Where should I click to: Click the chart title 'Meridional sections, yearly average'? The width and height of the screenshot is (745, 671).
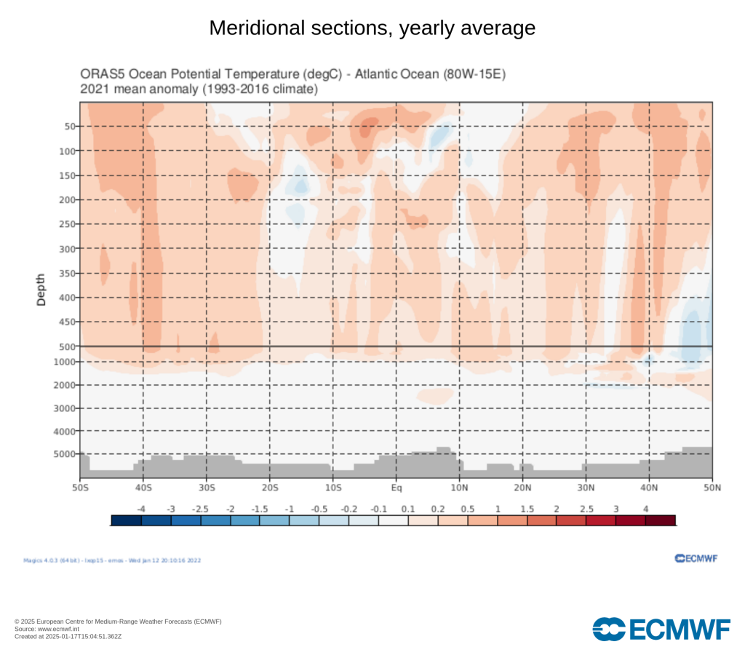click(x=372, y=28)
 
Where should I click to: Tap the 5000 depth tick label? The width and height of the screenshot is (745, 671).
click(x=65, y=454)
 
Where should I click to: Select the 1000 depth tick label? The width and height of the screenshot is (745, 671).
click(x=65, y=362)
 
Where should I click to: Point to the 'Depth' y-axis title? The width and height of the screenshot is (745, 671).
click(x=41, y=289)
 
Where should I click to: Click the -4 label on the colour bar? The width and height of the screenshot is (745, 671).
click(x=141, y=508)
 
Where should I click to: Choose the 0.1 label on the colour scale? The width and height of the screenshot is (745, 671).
click(x=407, y=508)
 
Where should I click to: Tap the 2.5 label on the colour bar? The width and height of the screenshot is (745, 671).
click(x=586, y=508)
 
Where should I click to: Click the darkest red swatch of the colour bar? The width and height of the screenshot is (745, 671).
click(x=660, y=520)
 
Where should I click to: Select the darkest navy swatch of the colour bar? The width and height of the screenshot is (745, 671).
click(x=127, y=520)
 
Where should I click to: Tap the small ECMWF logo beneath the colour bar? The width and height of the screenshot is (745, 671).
click(x=696, y=558)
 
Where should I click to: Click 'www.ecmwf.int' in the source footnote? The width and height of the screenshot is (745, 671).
click(x=47, y=629)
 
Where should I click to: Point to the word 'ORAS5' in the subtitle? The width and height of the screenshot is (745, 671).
click(x=100, y=75)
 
